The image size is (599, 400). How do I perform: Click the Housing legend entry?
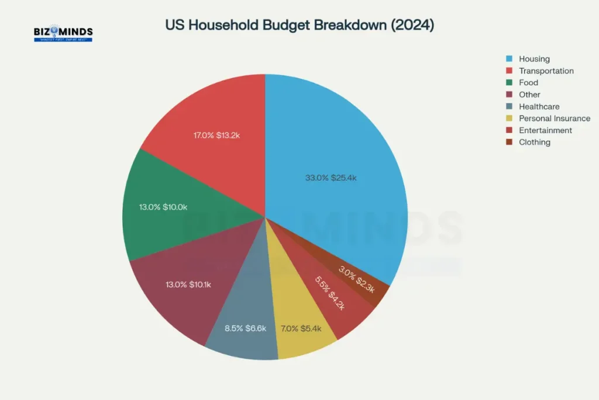(534, 59)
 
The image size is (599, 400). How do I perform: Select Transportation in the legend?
(546, 71)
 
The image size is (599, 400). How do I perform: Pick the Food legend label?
(528, 83)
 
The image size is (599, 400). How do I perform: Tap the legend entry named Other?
(529, 94)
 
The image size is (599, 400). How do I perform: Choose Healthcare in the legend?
(539, 107)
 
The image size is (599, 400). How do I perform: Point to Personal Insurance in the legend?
(554, 118)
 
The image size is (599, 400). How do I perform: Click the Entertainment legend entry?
(545, 130)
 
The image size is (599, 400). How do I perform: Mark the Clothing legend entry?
(534, 142)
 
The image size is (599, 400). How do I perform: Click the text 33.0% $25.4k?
(331, 178)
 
